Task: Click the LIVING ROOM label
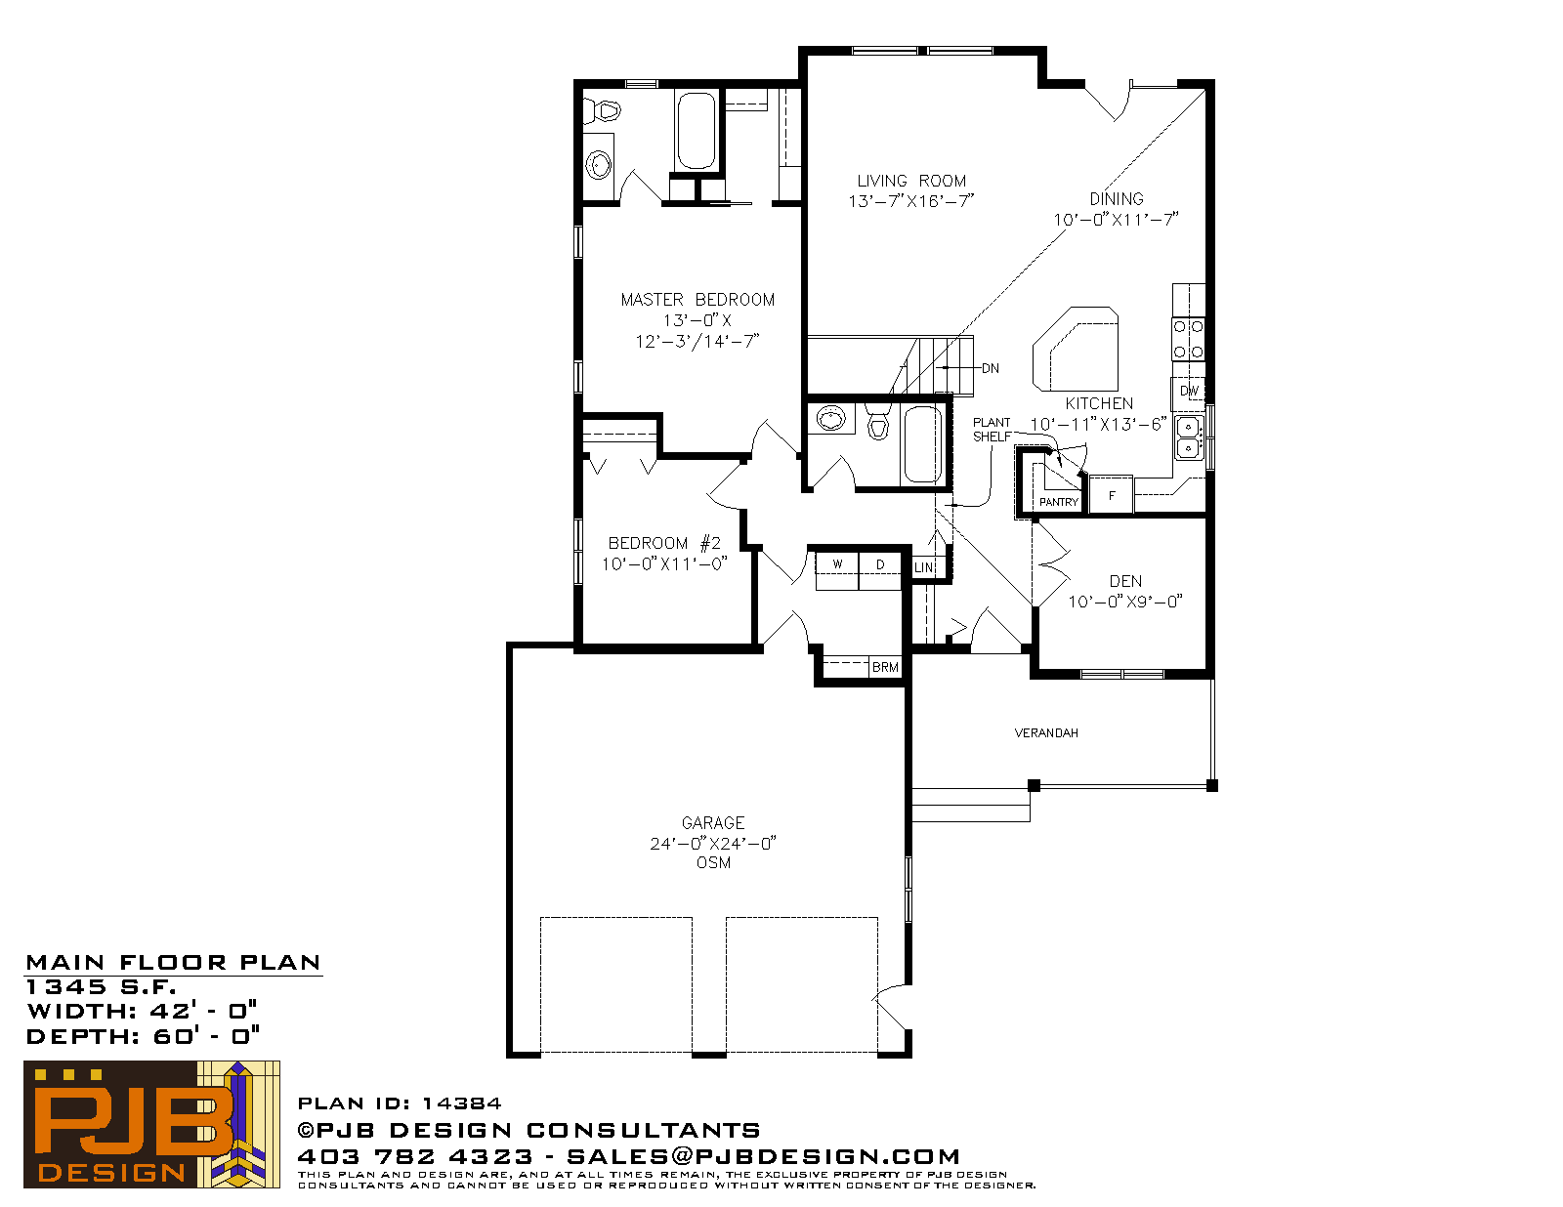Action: click(910, 182)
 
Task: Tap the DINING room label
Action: click(1117, 199)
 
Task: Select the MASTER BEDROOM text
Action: click(697, 300)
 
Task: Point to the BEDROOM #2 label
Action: click(664, 544)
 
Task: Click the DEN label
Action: click(1125, 581)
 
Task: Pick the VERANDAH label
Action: click(1046, 733)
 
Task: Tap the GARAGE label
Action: click(713, 823)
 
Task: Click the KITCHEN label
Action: click(1099, 404)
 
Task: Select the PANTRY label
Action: click(1058, 503)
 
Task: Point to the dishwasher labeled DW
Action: click(1189, 391)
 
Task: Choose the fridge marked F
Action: click(1112, 495)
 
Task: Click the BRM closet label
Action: click(885, 668)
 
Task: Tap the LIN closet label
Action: click(924, 568)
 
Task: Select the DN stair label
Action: click(991, 369)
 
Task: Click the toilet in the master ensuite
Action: click(602, 111)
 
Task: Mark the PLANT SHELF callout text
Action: click(992, 430)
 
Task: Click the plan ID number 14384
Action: click(461, 1103)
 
